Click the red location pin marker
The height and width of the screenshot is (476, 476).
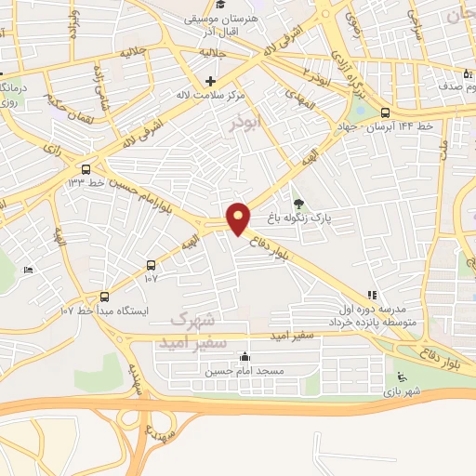click(x=239, y=218)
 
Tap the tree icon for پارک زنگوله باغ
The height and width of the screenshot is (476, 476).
click(x=298, y=205)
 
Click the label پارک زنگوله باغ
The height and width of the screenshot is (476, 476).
click(x=301, y=220)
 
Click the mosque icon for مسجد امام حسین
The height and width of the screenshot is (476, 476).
click(x=245, y=356)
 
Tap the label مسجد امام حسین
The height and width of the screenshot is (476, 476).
click(x=235, y=370)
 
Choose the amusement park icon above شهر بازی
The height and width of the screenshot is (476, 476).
click(x=402, y=377)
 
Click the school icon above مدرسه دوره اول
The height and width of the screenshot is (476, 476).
click(x=373, y=295)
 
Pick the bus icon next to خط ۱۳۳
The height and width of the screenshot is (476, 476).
click(x=86, y=169)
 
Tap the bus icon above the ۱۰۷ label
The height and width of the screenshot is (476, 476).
click(x=152, y=264)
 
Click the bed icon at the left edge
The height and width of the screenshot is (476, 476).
click(x=27, y=270)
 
